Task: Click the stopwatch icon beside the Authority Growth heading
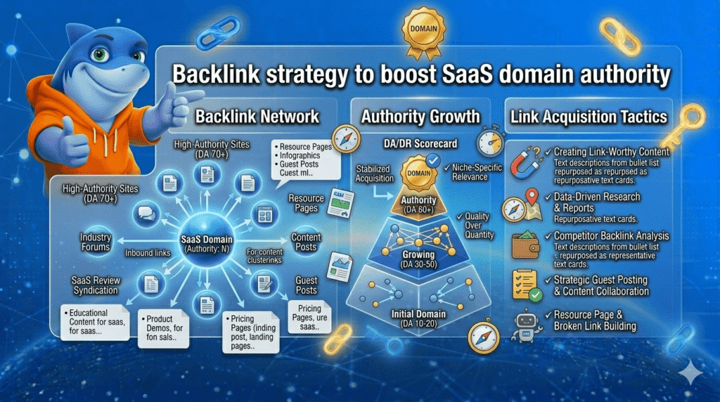(489, 142)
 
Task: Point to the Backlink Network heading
(257, 116)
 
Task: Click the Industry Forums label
(95, 242)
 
